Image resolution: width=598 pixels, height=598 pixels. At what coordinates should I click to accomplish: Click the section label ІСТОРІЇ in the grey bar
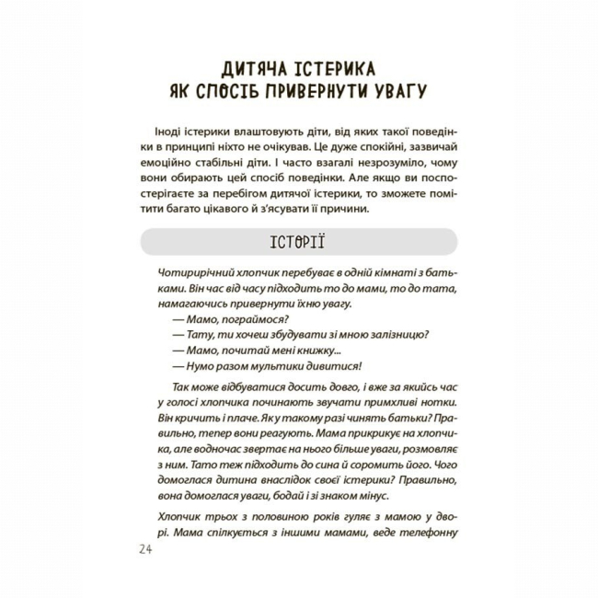298,242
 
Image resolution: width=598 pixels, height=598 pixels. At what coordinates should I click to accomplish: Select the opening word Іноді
178,133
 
